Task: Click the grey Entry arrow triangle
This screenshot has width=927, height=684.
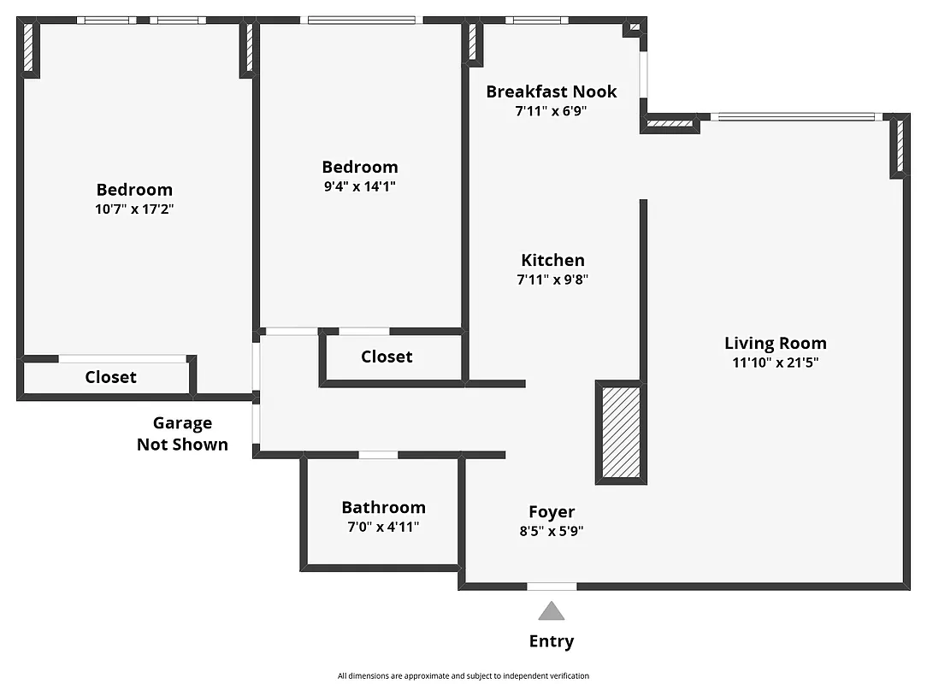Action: [x=552, y=610]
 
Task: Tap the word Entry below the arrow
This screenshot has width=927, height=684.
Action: [x=552, y=641]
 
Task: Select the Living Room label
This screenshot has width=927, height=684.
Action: [x=775, y=343]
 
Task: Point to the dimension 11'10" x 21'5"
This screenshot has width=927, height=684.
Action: [x=775, y=363]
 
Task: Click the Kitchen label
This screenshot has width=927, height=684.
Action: [x=552, y=260]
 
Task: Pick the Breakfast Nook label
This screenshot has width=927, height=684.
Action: [x=552, y=91]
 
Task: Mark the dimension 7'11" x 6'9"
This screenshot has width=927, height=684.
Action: [x=552, y=111]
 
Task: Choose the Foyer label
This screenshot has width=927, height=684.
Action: [x=552, y=511]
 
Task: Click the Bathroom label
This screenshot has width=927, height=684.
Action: [x=383, y=507]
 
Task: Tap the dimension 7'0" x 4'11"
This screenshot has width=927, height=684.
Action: [x=383, y=527]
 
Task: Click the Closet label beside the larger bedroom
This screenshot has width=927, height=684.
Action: [x=110, y=377]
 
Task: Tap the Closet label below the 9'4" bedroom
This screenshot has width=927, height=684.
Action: [x=387, y=357]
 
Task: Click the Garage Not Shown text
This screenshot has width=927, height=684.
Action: [x=182, y=433]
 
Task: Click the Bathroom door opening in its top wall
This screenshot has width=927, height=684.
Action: [x=378, y=455]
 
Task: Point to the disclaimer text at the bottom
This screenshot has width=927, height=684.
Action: [x=463, y=675]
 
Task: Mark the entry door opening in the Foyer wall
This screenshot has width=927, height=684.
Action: [x=552, y=587]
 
